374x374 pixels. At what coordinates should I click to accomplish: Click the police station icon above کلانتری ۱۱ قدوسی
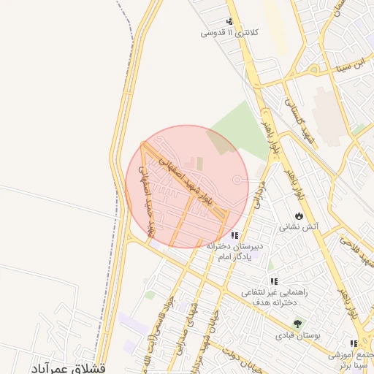tap(230, 21)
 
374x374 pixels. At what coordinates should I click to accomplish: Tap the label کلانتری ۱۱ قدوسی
tap(229, 33)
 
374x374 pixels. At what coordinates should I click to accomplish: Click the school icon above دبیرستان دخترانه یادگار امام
tap(234, 235)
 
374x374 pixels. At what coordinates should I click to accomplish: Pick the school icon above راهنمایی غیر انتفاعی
tap(274, 280)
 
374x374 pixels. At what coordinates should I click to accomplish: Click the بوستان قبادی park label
tap(294, 336)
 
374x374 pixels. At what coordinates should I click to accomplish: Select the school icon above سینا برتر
tap(354, 343)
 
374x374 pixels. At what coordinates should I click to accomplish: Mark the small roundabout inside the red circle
tap(237, 180)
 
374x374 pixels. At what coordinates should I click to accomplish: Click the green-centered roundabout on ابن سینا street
tap(314, 69)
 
